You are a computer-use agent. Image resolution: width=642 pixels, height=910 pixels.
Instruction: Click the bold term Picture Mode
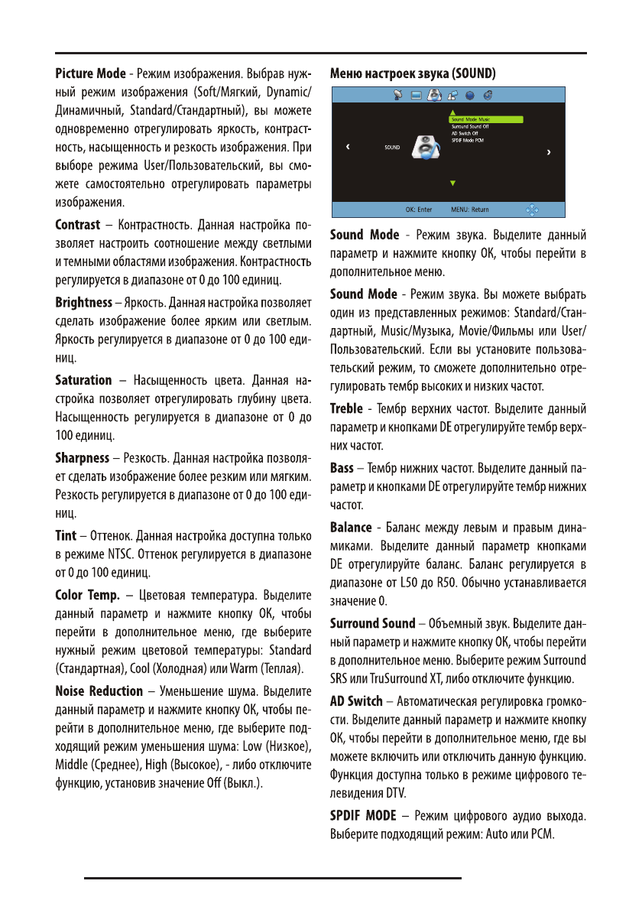pos(90,74)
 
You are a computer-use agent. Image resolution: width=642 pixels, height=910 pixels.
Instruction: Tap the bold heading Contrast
pos(78,225)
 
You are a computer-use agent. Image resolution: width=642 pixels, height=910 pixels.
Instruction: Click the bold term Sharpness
pos(83,458)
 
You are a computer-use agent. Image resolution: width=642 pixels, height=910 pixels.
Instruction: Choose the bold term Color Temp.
pos(86,594)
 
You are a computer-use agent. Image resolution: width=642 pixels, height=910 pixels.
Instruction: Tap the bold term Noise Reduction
pos(99,691)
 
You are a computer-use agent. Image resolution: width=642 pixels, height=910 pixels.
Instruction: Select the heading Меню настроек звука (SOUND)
pos(412,74)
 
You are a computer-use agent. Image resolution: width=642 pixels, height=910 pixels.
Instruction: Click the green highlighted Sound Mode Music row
pos(484,119)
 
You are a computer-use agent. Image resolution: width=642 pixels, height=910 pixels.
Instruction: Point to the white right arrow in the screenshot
pos(549,153)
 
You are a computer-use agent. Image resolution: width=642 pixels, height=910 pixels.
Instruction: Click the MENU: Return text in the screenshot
pos(469,209)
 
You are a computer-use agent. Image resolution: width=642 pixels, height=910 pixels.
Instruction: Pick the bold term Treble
pos(346,409)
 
